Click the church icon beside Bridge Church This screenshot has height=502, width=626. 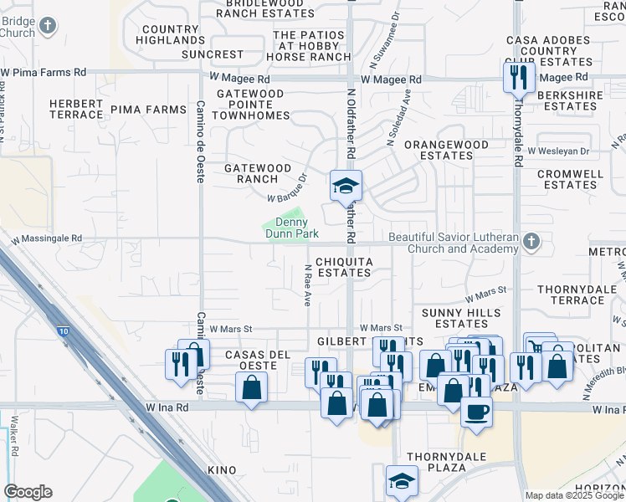pyautogui.click(x=48, y=25)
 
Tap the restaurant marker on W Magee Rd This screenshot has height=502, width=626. pyautogui.click(x=518, y=78)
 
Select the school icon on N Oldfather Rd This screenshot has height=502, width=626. pyautogui.click(x=345, y=186)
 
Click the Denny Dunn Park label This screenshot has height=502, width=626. pyautogui.click(x=292, y=228)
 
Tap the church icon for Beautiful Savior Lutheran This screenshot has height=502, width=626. pyautogui.click(x=529, y=243)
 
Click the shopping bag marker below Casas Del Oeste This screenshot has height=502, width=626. pyautogui.click(x=251, y=388)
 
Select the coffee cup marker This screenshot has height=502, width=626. pyautogui.click(x=476, y=412)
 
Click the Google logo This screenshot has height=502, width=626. pyautogui.click(x=28, y=492)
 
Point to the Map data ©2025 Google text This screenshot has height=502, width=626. pyautogui.click(x=573, y=495)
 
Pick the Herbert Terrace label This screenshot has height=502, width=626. pyautogui.click(x=75, y=109)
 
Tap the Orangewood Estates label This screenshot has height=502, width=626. pyautogui.click(x=446, y=150)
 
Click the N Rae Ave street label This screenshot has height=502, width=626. pyautogui.click(x=307, y=285)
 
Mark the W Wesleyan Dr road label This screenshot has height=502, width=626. pyautogui.click(x=558, y=151)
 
